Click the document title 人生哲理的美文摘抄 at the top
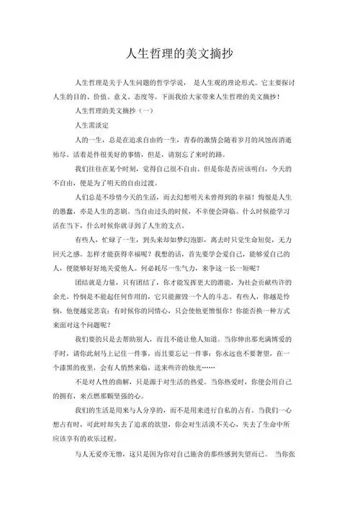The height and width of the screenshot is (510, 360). [x=179, y=54]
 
